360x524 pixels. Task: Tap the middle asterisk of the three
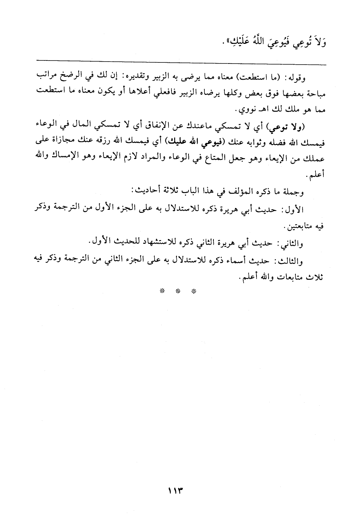tap(177, 291)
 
